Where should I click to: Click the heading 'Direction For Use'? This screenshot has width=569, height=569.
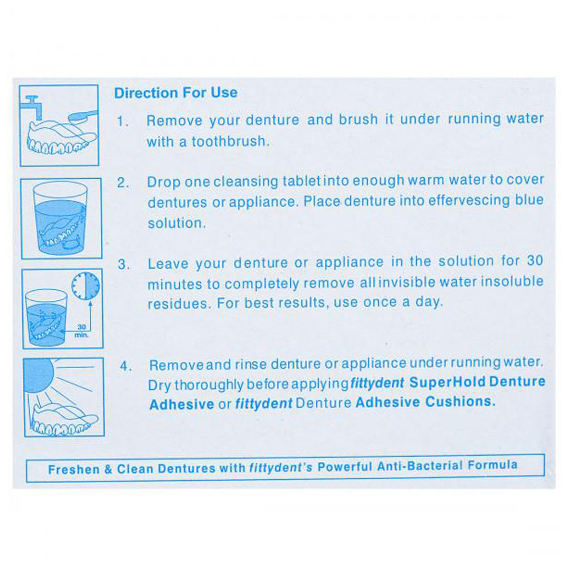click(176, 92)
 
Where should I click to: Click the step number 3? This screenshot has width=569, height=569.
click(124, 265)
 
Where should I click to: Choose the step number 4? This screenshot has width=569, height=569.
click(126, 366)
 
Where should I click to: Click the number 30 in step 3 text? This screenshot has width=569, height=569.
click(534, 261)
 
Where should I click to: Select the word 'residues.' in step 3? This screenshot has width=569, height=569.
click(179, 303)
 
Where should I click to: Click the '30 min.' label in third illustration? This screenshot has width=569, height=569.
click(81, 330)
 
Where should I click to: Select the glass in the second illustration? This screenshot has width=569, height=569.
click(61, 218)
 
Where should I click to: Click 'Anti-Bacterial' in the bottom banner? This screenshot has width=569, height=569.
click(420, 467)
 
